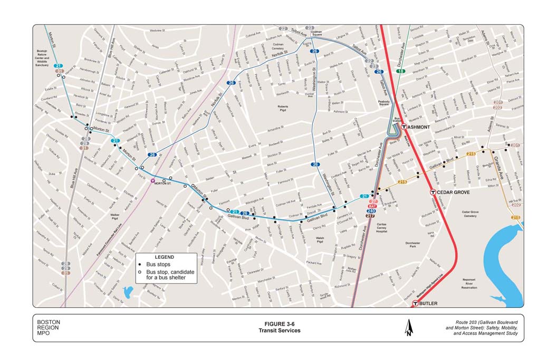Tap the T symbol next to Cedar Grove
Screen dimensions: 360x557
tap(433, 192)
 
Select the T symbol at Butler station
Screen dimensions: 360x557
tap(416, 304)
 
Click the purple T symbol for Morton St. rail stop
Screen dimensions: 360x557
tap(153, 180)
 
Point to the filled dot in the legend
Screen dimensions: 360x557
tap(140, 264)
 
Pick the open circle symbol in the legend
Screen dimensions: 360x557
tap(140, 271)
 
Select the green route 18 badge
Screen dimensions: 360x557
tap(401, 71)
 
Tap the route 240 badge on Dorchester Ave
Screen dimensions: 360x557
tap(371, 211)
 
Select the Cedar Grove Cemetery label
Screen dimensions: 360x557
tap(470, 214)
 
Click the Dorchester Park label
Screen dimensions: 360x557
tap(413, 245)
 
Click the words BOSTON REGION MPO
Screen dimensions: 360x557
tap(49, 328)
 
